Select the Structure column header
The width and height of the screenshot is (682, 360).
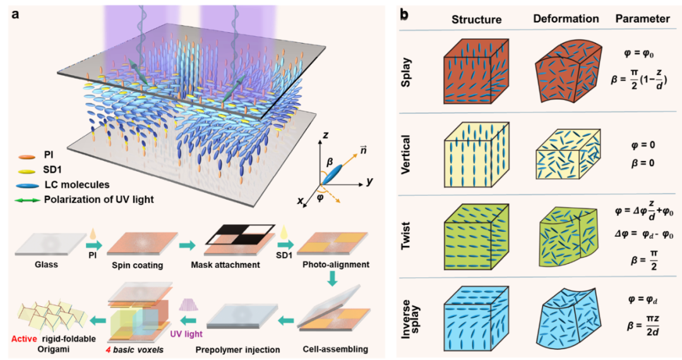(476, 19)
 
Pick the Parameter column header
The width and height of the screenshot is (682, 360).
(642, 19)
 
